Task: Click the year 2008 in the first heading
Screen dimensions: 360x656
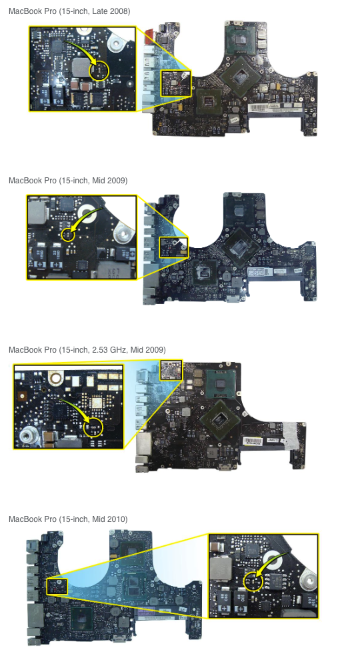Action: pos(119,11)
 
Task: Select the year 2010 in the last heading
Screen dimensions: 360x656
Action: pos(117,519)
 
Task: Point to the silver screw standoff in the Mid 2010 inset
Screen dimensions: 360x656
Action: pos(309,581)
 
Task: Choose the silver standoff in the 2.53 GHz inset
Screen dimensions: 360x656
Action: pos(27,435)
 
